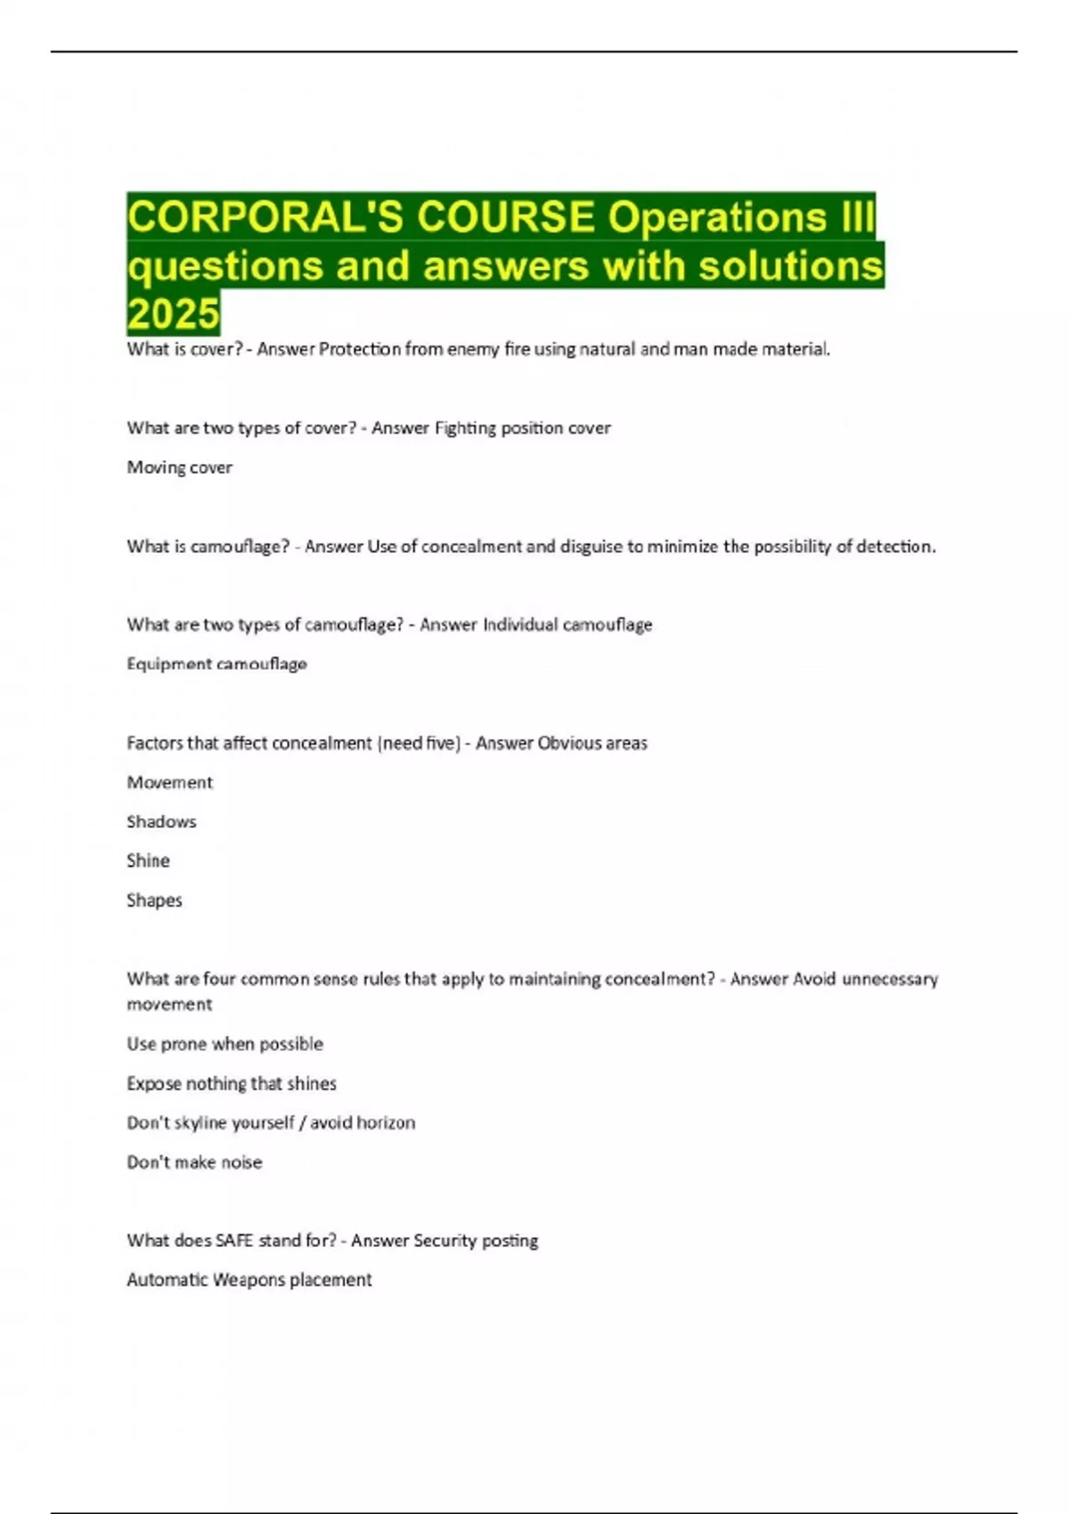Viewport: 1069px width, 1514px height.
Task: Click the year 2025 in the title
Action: (173, 313)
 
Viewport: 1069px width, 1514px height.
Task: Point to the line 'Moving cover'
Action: (179, 468)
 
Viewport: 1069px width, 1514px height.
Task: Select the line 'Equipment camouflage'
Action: (216, 664)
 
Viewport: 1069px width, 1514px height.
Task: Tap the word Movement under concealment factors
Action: (169, 783)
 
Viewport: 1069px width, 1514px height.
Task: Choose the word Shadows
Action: (161, 822)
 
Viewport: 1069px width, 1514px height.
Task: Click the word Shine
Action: (148, 861)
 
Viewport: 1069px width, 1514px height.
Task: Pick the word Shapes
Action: (154, 900)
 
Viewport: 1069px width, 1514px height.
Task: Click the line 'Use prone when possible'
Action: (224, 1044)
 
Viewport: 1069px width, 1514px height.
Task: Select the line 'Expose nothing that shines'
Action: (232, 1084)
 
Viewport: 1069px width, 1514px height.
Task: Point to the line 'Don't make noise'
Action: (194, 1162)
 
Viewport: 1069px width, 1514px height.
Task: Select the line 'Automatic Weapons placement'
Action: (249, 1280)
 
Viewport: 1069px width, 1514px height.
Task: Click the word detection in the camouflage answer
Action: (894, 547)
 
